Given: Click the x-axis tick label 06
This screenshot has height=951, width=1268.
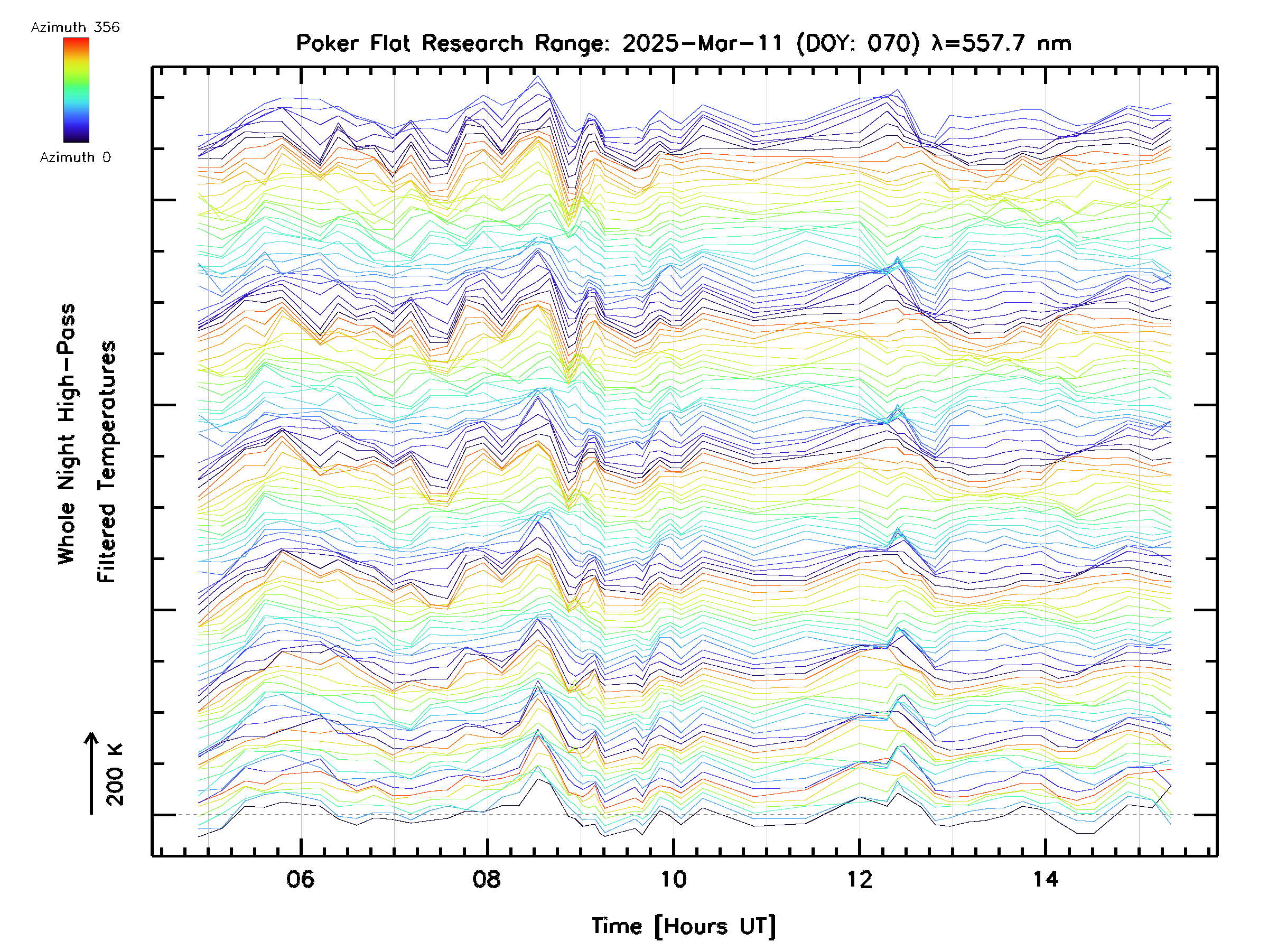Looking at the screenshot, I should click(301, 879).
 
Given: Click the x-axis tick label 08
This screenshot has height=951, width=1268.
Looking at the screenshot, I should click(487, 879).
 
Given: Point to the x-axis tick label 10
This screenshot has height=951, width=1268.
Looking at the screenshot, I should click(673, 879).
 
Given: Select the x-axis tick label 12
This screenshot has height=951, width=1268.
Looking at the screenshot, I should click(859, 879).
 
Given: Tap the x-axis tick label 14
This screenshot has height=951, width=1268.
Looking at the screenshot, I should click(1046, 879).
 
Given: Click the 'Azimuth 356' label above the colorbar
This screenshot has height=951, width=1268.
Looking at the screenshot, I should click(75, 27).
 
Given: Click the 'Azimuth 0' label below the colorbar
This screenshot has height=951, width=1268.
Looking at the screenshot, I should click(75, 157).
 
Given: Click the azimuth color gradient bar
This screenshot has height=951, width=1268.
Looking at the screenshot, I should click(76, 90).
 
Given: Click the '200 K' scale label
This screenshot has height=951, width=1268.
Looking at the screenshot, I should click(115, 775).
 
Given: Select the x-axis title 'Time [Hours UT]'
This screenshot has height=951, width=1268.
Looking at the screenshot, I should click(683, 926).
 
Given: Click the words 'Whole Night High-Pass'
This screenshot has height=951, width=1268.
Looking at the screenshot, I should click(67, 433).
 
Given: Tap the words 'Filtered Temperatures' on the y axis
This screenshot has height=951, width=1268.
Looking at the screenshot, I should click(107, 461).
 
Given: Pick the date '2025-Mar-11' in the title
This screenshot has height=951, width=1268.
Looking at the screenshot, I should click(703, 43).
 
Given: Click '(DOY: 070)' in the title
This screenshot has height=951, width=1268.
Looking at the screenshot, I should click(858, 43).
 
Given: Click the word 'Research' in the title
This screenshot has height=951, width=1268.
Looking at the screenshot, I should click(472, 43).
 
